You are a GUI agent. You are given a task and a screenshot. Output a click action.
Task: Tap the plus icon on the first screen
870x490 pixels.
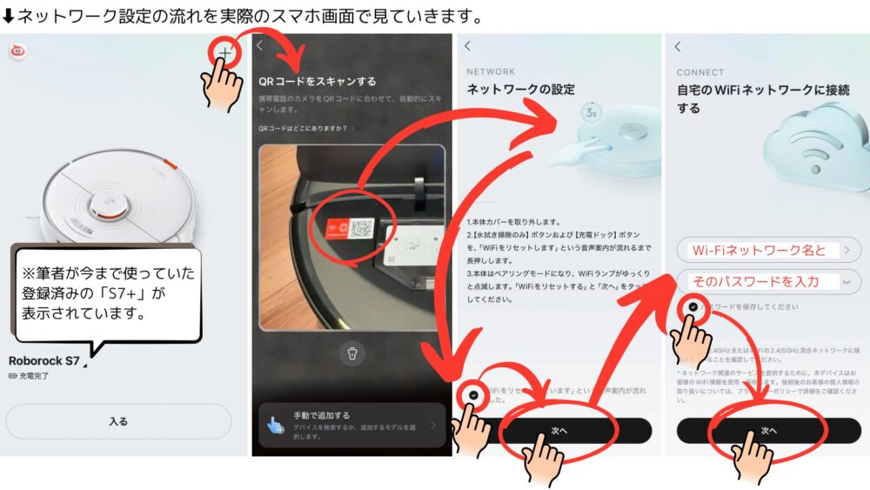click(x=224, y=53)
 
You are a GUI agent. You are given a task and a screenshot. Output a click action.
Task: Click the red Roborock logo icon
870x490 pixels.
click(x=16, y=51)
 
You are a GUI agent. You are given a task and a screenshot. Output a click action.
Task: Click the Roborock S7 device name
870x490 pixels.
click(x=43, y=360)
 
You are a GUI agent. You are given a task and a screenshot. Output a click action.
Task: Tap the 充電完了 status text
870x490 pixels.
click(x=32, y=375)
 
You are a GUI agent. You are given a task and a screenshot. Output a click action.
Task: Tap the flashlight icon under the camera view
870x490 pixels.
click(x=352, y=354)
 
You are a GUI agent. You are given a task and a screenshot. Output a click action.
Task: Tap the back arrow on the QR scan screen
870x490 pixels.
click(x=259, y=46)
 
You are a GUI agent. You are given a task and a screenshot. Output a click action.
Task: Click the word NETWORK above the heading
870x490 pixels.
click(x=491, y=72)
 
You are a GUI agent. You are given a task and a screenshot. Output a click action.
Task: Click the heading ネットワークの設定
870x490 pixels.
click(x=520, y=90)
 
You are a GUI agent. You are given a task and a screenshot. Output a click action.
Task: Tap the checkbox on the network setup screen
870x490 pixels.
click(x=472, y=394)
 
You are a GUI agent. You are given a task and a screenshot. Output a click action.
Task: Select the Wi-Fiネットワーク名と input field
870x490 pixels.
click(x=767, y=251)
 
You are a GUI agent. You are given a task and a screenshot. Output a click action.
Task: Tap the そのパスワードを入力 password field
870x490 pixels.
click(x=767, y=282)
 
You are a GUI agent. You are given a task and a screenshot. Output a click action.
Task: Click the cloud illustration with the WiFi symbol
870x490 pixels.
click(x=813, y=148)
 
